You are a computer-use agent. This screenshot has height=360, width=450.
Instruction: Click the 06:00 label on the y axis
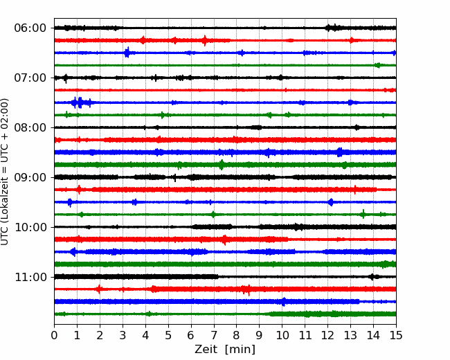pos(30,28)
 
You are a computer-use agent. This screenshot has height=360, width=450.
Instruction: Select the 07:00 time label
pos(30,78)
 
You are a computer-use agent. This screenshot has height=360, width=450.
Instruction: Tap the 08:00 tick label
pos(30,127)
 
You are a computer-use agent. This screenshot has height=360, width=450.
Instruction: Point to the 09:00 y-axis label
pos(30,177)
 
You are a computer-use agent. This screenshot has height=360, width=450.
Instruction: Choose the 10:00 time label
pos(30,227)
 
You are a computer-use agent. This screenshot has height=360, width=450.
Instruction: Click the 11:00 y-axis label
pos(30,277)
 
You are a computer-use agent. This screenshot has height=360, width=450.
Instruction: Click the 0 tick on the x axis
pos(54,335)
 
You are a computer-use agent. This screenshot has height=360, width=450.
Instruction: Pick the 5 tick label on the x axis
pos(168,335)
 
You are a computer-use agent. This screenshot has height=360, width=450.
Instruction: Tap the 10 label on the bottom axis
pos(282,335)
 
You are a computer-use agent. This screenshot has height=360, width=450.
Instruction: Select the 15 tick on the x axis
pos(396,335)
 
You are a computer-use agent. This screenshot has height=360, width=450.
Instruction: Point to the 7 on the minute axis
pos(214,335)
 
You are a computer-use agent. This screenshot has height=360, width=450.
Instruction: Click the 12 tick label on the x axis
pos(327,335)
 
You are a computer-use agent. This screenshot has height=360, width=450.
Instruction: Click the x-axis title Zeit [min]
pos(225,350)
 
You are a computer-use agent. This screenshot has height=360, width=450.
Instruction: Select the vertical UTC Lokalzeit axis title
pos(5,172)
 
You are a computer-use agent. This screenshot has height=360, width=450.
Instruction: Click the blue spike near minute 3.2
pos(127,52)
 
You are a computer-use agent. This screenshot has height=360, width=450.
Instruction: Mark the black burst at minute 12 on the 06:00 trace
pos(332,28)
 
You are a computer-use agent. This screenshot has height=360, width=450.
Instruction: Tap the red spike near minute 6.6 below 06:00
pos(205,40)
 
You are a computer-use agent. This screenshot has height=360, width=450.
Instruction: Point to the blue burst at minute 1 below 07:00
pos(80,102)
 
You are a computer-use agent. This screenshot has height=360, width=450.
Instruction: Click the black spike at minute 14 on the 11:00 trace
pos(372,277)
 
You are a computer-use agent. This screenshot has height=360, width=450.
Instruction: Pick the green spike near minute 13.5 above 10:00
pos(363,214)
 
